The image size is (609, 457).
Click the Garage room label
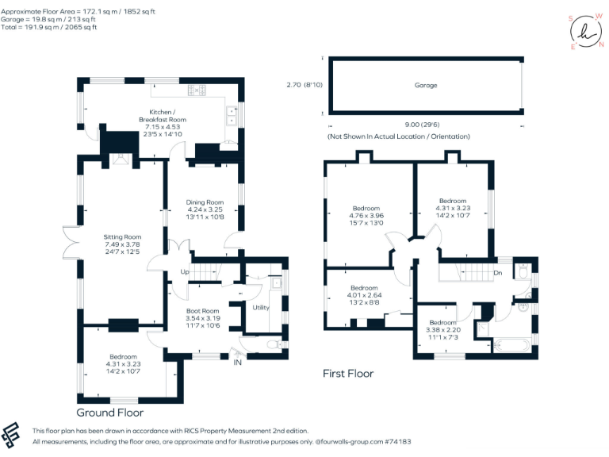(x=426, y=85)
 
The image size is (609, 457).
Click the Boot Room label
(x=202, y=310)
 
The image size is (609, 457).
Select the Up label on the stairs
(x=185, y=272)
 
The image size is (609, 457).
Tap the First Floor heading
(x=347, y=373)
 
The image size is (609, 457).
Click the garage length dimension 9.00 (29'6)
(x=424, y=125)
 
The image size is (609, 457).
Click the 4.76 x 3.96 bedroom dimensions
(x=366, y=216)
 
